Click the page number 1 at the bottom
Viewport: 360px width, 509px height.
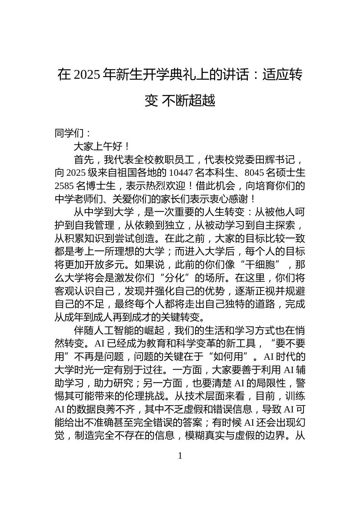180,456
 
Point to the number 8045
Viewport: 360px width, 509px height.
254,173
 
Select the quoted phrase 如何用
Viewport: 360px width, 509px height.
231,357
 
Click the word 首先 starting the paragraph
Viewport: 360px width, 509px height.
83,159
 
